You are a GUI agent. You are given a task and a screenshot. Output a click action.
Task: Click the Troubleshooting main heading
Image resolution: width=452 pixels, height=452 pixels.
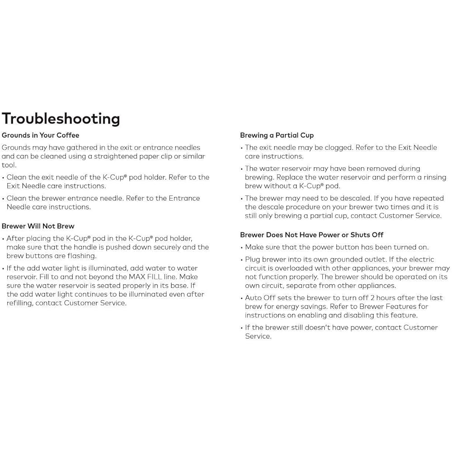coord(61,118)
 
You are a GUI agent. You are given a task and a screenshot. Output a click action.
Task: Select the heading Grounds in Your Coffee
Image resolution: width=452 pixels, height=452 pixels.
coord(40,135)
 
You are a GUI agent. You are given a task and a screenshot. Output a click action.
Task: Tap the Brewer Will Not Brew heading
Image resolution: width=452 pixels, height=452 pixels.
coord(38,226)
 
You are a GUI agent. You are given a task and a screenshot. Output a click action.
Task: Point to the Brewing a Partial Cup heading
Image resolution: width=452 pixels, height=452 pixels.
coord(277,135)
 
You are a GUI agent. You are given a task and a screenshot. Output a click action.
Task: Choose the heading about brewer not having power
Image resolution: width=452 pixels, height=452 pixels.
coord(311,235)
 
